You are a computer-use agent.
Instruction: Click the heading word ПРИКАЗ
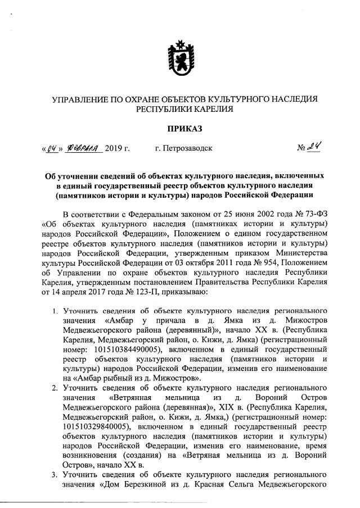[x=179, y=130]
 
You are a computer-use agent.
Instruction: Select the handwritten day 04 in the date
[x=53, y=149]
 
